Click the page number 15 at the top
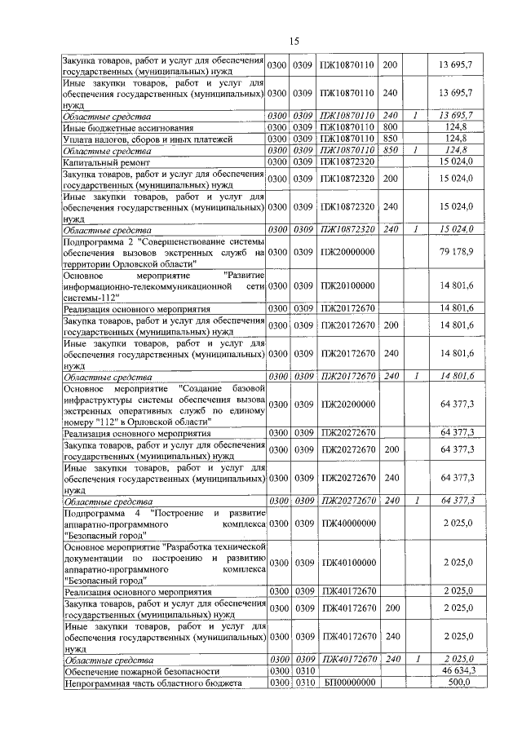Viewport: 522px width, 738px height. click(x=294, y=41)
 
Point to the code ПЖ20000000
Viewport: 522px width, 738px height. click(x=347, y=253)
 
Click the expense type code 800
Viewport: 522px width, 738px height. click(x=390, y=127)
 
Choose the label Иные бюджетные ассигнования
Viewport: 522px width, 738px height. click(x=128, y=127)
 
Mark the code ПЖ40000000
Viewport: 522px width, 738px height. click(x=347, y=523)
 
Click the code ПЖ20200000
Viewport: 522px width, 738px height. click(x=347, y=404)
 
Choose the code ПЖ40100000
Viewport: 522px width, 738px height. click(x=347, y=563)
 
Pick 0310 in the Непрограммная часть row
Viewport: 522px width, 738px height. click(x=303, y=682)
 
